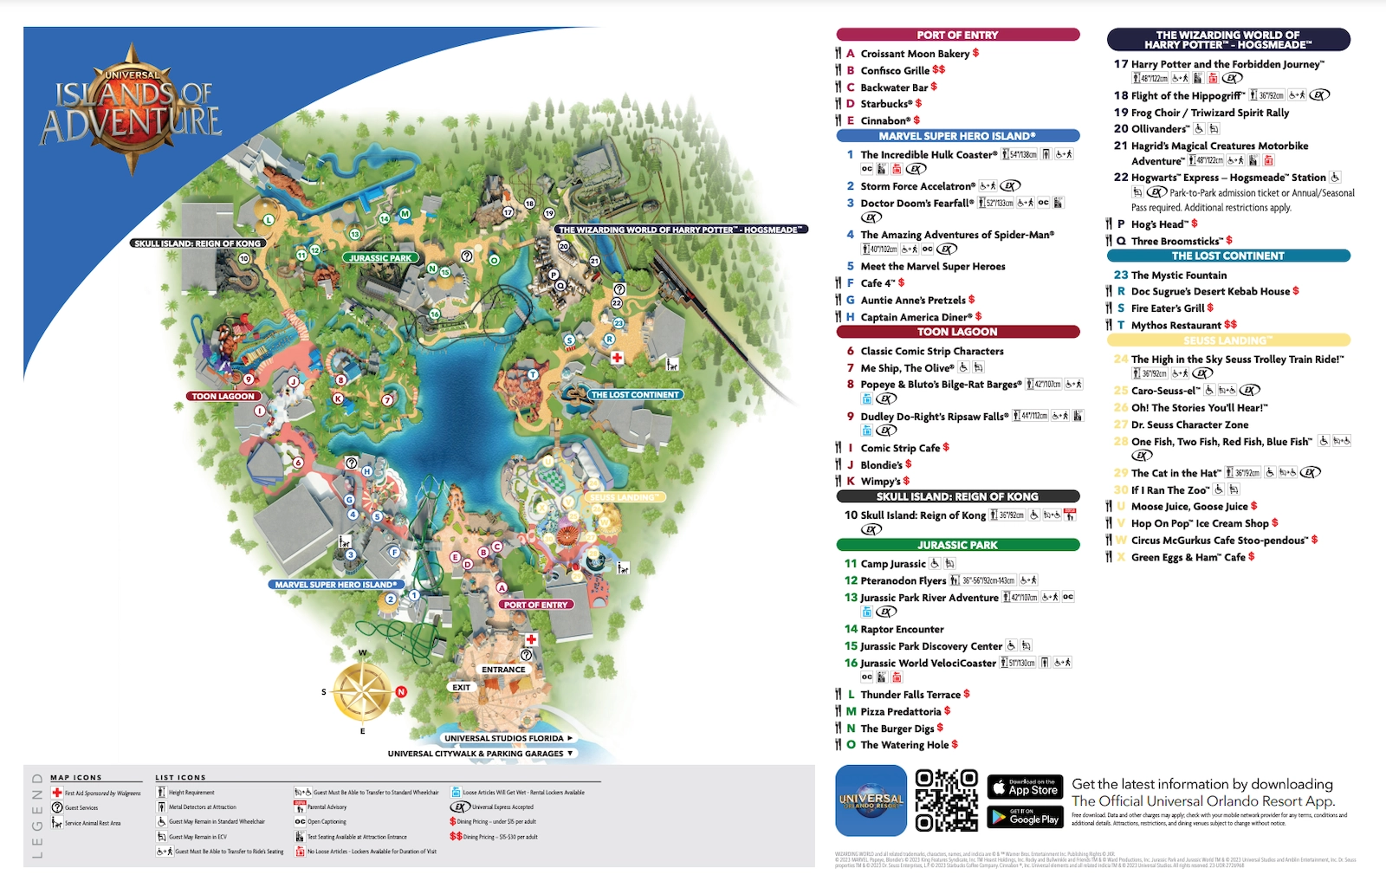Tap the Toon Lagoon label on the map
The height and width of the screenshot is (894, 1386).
(x=223, y=396)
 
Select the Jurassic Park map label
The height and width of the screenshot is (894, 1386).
(x=380, y=258)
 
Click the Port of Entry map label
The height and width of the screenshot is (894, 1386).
(x=535, y=605)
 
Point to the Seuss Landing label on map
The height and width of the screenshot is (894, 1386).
(x=624, y=497)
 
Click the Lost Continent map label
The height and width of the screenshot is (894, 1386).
(x=635, y=395)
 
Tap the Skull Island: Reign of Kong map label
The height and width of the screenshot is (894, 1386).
(x=198, y=243)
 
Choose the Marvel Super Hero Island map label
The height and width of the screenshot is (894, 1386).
(x=335, y=585)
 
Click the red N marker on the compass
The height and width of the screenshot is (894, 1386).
(x=401, y=691)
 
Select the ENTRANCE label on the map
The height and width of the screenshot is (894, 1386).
(x=503, y=670)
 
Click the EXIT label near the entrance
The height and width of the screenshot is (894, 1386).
(x=461, y=688)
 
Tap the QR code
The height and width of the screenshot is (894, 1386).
(x=946, y=800)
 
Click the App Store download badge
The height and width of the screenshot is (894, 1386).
(x=1025, y=787)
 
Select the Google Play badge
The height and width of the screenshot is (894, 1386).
(x=1025, y=816)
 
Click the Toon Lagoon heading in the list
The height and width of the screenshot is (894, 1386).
(x=957, y=332)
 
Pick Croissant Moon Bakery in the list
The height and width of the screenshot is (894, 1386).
(x=914, y=54)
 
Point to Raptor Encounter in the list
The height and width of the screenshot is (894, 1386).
(x=902, y=629)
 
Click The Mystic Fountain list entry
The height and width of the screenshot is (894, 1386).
(x=1178, y=275)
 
